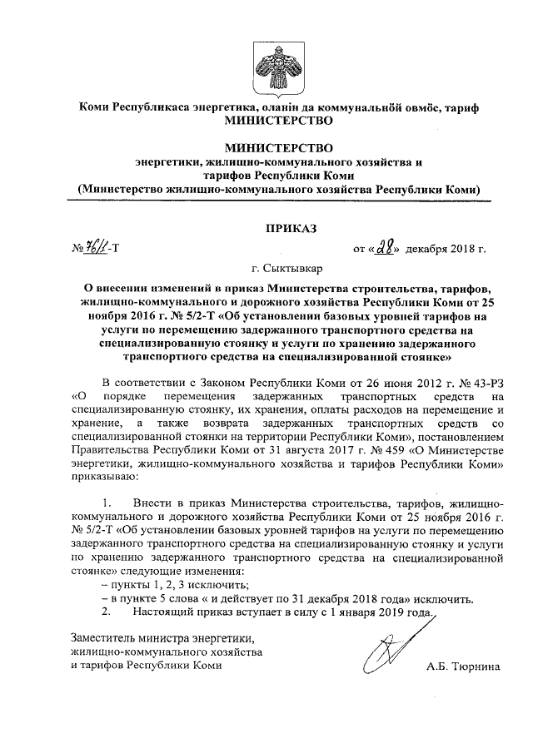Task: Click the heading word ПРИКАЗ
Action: pos(266,227)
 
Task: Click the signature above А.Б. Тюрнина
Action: pos(386,655)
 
